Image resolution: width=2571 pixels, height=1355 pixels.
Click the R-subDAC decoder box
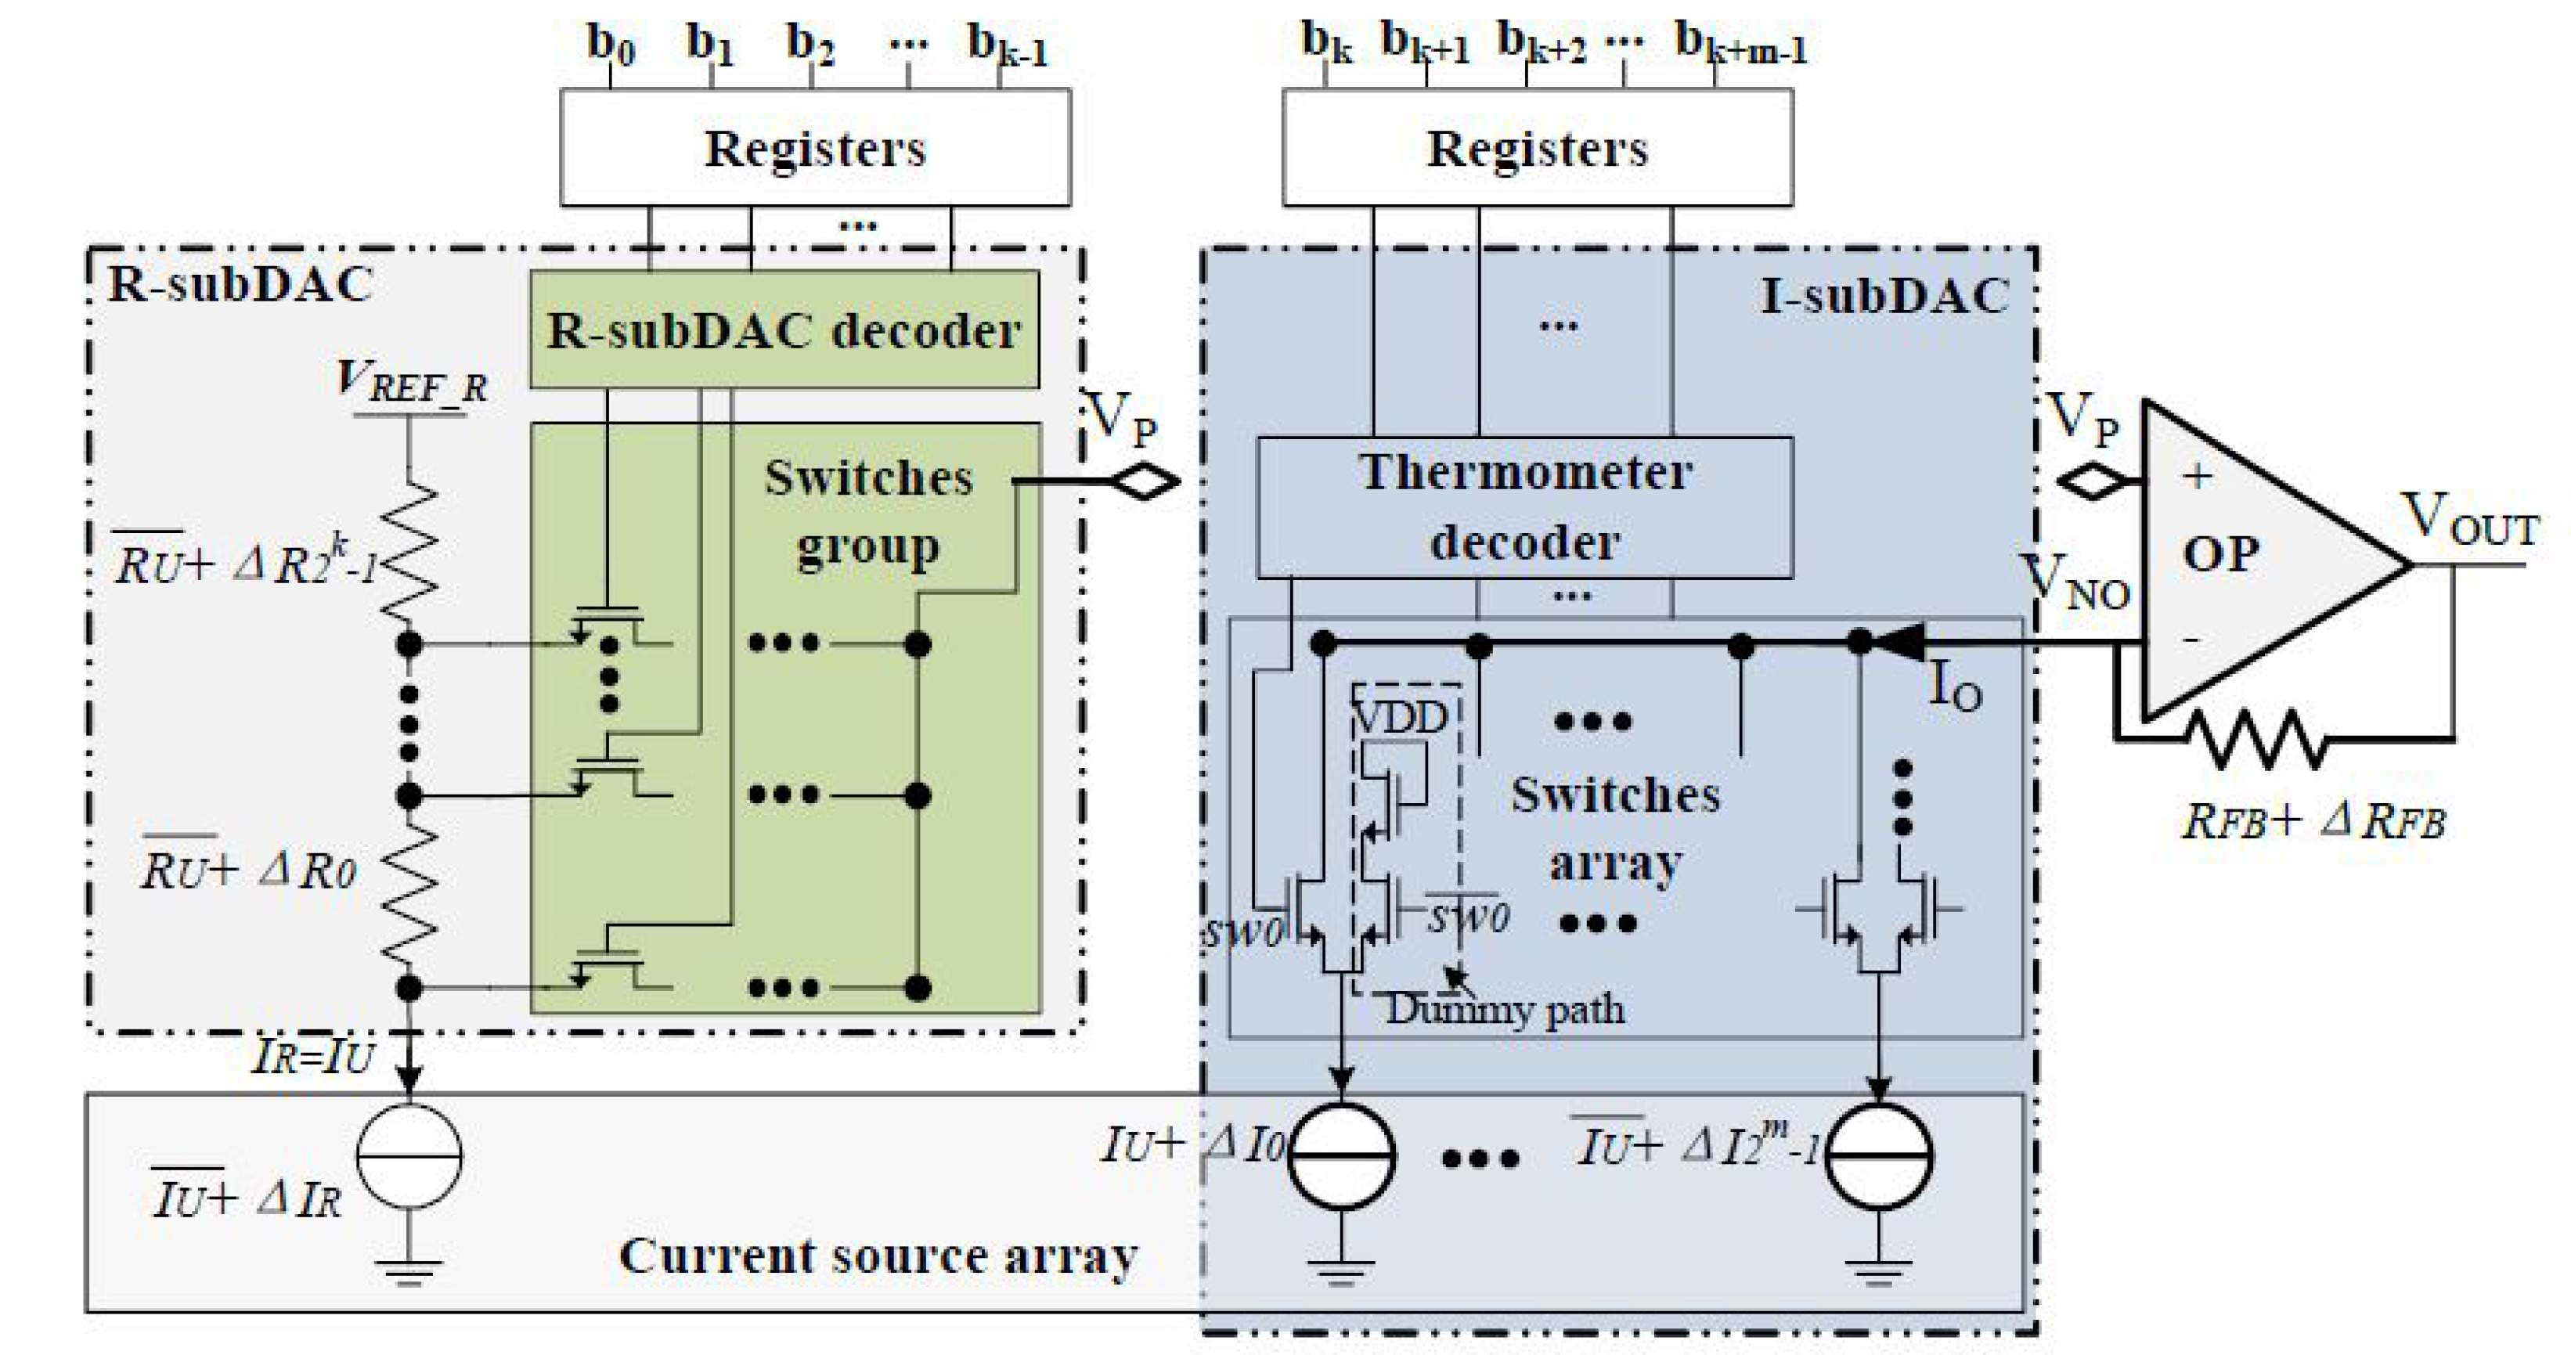[784, 330]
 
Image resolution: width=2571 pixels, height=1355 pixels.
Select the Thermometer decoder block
[1524, 507]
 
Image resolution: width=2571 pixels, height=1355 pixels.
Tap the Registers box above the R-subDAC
[814, 149]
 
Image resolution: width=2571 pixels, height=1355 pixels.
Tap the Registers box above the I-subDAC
[1537, 149]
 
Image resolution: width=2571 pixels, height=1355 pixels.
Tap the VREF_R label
[411, 382]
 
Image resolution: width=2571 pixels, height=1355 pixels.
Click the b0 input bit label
[610, 44]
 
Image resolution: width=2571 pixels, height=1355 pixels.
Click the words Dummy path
[1505, 1010]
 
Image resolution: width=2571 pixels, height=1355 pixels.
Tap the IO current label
[1954, 687]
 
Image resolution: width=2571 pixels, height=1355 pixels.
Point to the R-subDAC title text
[240, 284]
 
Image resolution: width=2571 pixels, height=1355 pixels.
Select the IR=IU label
[312, 1056]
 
